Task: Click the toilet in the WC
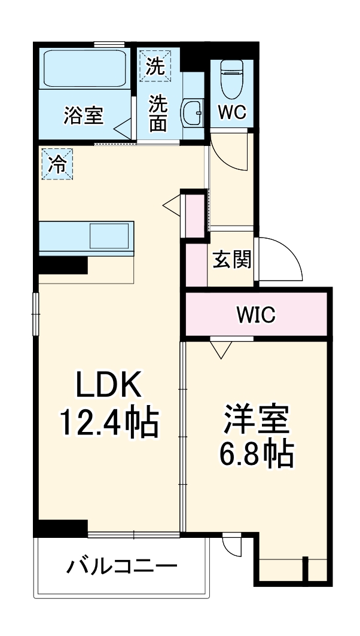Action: coord(231,78)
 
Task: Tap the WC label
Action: coord(231,113)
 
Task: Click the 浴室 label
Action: coord(83,115)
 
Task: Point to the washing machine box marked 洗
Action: coord(155,65)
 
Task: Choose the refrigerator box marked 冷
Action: coord(57,163)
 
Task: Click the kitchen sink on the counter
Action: coord(109,236)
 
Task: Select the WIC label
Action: coord(256,314)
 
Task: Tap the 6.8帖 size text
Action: coord(257,454)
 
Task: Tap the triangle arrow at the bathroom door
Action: coord(124,127)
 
